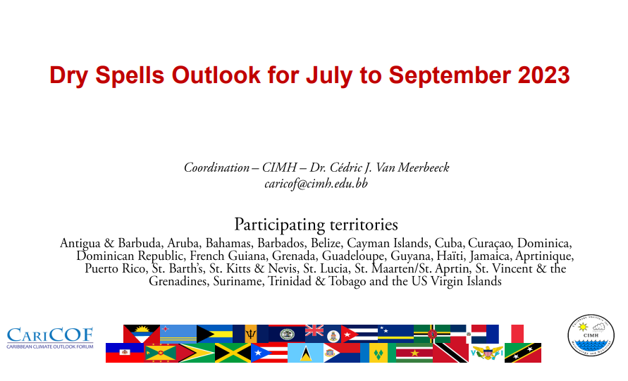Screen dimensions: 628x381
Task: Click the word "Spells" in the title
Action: coord(130,75)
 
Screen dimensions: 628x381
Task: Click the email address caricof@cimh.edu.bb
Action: coord(316,184)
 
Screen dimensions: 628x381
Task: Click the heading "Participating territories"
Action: coord(316,225)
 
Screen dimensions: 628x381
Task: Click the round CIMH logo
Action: coord(591,335)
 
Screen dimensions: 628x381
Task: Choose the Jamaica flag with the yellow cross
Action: coord(233,353)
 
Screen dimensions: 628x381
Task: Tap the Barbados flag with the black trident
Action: coord(251,334)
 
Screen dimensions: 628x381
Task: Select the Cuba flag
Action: coord(359,334)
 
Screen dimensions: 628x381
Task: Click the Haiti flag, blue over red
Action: coord(125,353)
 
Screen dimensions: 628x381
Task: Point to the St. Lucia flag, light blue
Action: coord(306,353)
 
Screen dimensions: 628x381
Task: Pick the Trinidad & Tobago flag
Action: coord(450,353)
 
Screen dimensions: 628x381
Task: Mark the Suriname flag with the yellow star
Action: coord(414,353)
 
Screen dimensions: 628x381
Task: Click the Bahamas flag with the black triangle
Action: coord(214,334)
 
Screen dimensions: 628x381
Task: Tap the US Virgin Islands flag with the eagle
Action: coord(486,353)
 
